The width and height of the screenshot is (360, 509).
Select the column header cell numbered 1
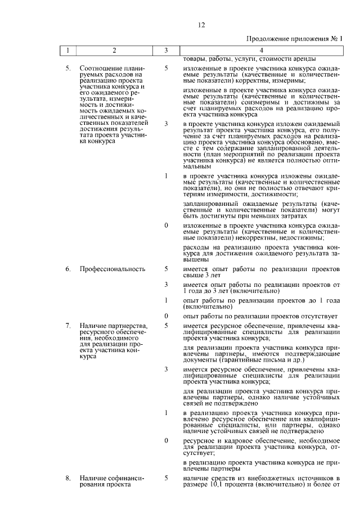point(67,51)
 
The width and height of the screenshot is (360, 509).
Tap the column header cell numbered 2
point(115,51)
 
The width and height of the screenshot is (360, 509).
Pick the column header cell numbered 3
point(166,51)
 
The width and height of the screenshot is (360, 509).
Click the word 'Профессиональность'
point(112,269)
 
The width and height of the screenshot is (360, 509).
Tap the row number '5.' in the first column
point(67,68)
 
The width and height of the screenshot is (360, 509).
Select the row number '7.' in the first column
point(67,326)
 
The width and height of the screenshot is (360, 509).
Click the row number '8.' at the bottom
point(67,478)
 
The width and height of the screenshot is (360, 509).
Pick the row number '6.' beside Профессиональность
point(67,269)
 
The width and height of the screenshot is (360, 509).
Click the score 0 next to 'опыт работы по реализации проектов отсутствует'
point(166,316)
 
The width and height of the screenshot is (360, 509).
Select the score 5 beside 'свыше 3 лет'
point(166,269)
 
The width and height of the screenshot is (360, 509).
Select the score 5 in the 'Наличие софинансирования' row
point(166,478)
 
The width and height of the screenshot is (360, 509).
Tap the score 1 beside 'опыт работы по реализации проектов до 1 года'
point(166,300)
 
